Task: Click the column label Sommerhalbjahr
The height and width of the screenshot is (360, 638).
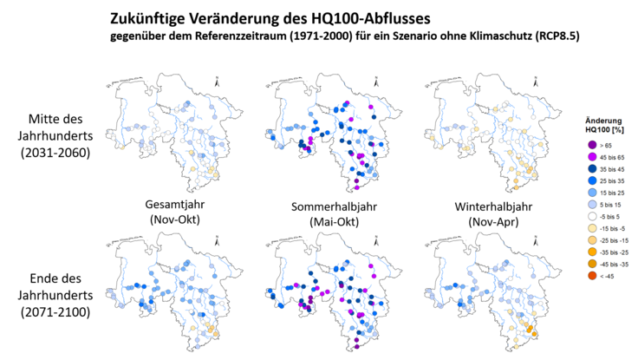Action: (322, 205)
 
